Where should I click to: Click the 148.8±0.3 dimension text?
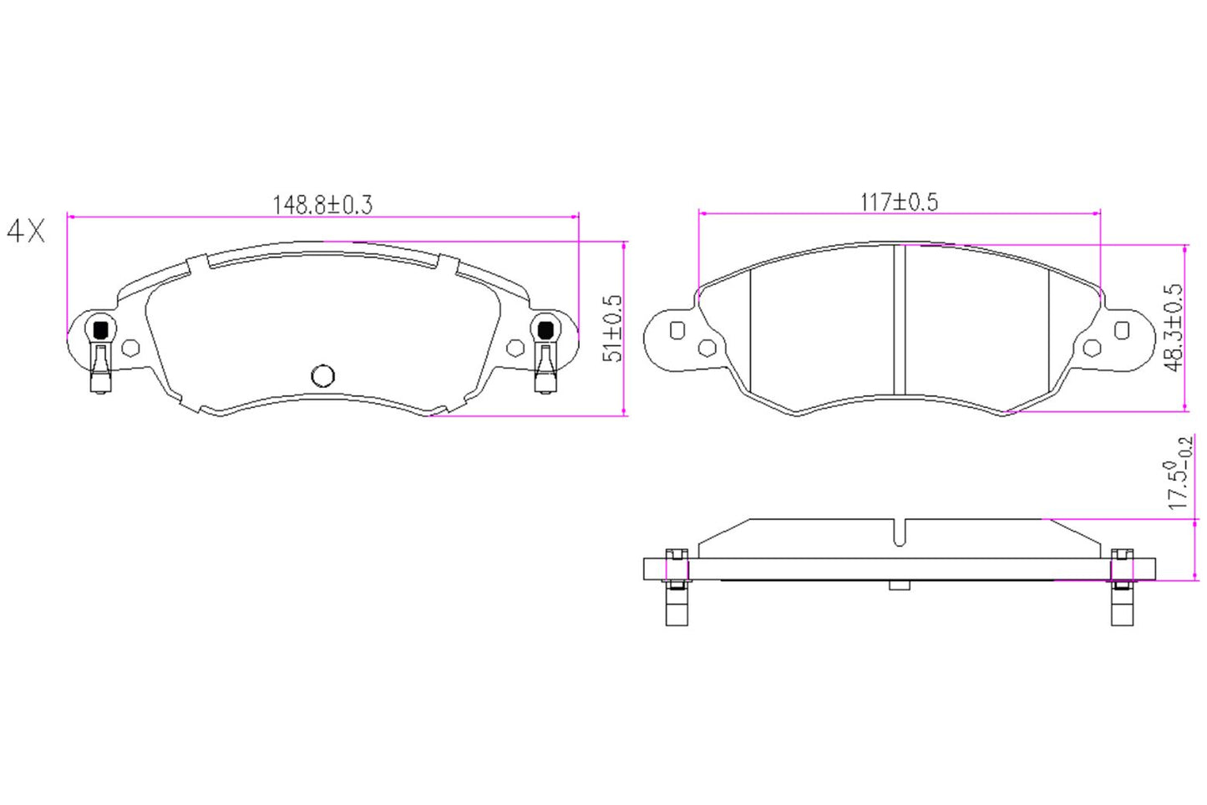point(322,205)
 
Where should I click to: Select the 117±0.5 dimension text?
point(899,202)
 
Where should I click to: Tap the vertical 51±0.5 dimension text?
point(613,328)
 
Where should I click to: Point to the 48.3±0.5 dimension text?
point(1174,327)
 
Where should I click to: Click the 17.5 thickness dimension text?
point(1179,473)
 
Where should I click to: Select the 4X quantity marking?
point(26,232)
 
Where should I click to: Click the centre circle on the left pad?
point(322,376)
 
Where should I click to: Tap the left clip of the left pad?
point(99,355)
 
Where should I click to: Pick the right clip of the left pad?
point(545,355)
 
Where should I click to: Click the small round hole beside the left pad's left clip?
point(130,348)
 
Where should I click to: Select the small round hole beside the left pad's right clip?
point(515,348)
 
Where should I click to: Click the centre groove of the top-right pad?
point(900,319)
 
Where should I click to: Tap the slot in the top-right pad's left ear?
point(677,331)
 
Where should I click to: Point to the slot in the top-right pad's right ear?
point(1122,331)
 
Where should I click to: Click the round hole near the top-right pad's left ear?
point(707,348)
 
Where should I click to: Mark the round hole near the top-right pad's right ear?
point(1091,348)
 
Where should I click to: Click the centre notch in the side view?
point(900,533)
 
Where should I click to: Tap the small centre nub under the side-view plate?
point(900,585)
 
